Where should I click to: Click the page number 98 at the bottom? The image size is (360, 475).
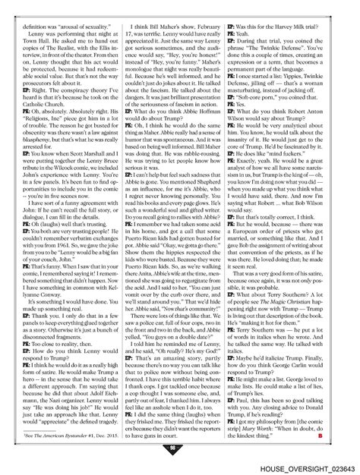pyautogui.click(x=180, y=447)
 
